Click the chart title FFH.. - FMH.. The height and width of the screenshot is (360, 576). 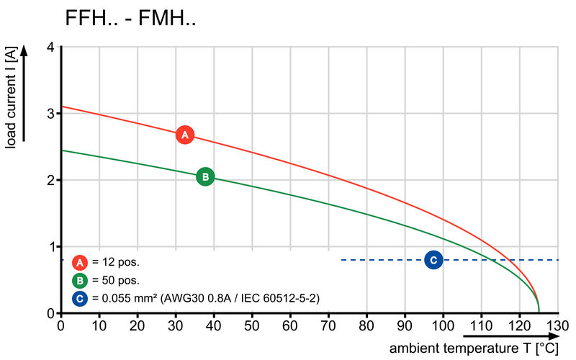(130, 19)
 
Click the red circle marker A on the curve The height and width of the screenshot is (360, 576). (185, 135)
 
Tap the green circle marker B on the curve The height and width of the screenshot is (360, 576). (205, 176)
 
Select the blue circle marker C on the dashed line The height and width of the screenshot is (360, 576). (433, 260)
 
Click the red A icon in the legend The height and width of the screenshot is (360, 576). (80, 262)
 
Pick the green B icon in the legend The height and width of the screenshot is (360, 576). (80, 280)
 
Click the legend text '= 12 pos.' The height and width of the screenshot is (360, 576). (116, 262)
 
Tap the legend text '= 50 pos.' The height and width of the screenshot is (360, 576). (116, 280)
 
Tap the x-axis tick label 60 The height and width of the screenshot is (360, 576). (290, 325)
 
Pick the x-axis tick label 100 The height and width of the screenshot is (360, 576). (443, 325)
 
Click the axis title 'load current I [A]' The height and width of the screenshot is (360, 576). (11, 97)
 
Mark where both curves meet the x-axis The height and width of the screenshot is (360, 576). (539, 312)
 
